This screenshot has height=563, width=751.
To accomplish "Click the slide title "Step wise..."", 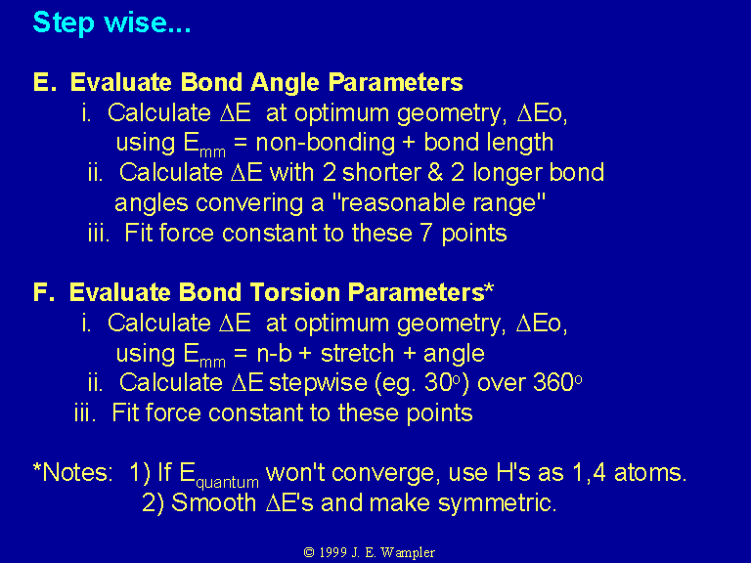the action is click(111, 23).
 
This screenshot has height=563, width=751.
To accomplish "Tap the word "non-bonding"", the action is click(326, 143).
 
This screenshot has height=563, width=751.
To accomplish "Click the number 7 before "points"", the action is click(426, 233).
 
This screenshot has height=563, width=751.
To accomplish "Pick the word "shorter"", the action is click(381, 172).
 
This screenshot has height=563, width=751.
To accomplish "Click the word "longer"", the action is click(508, 174).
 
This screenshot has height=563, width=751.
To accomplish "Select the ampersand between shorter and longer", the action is click(435, 173).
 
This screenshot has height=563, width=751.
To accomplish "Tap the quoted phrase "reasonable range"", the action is click(438, 203).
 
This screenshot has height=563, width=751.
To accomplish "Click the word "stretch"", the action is click(357, 353).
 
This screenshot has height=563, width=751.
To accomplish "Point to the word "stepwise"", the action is click(318, 383).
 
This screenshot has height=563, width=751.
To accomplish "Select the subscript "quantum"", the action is click(228, 482).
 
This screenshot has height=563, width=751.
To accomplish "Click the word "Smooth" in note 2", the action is click(213, 502).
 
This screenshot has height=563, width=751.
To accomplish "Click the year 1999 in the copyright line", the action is click(332, 552).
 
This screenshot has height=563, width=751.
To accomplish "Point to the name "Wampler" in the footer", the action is click(408, 552).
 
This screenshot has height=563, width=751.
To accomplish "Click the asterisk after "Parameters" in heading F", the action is click(489, 287).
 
